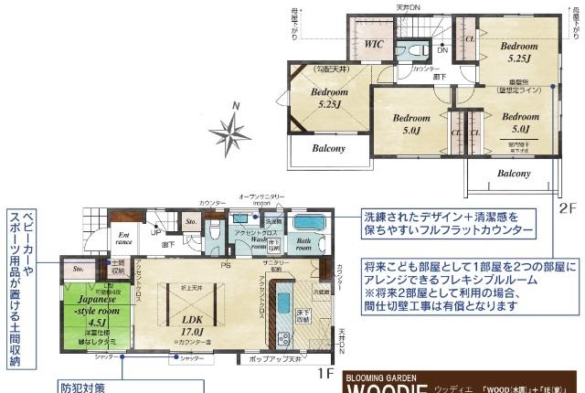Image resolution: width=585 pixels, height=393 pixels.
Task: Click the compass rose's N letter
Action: click(235, 107)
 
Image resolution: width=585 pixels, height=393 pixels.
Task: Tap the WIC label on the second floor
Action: click(372, 44)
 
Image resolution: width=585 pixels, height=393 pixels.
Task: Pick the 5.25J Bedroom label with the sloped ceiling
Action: click(328, 98)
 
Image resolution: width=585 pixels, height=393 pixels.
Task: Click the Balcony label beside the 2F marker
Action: click(515, 173)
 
